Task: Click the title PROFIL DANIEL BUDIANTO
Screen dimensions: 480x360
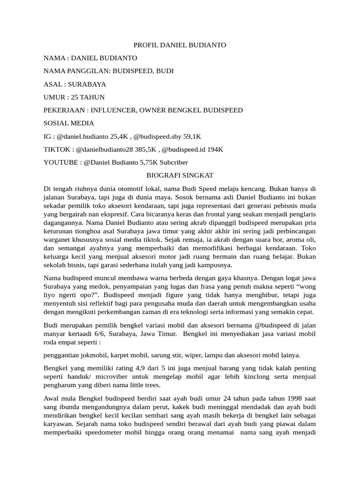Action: pos(180,45)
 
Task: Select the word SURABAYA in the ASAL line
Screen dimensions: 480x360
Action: pos(87,84)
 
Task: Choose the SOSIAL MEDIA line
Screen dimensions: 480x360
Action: pos(69,123)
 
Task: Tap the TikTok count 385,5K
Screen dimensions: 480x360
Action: pos(143,150)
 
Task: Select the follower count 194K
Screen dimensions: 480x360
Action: pos(214,150)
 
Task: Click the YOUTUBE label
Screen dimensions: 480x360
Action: pos(60,162)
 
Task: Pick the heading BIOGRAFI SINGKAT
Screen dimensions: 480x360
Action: pos(180,175)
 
